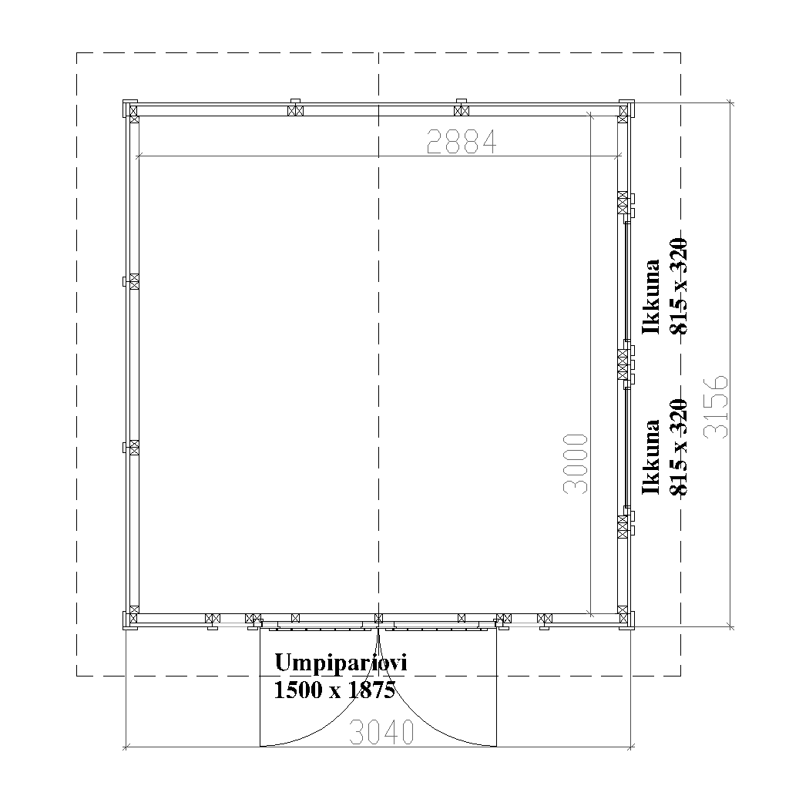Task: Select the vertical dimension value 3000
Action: [576, 462]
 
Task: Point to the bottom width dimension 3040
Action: [381, 733]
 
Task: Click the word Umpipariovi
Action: [340, 663]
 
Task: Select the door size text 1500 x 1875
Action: [334, 690]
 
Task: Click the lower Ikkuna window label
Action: [652, 458]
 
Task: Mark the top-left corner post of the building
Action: [132, 110]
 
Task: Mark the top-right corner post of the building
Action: [624, 110]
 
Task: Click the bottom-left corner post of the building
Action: [132, 618]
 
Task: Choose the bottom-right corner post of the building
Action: [624, 618]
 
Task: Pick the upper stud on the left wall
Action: [133, 281]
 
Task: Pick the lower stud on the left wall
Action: [133, 447]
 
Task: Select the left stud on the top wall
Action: [294, 110]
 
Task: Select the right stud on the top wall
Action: [461, 110]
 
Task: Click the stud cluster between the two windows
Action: [624, 364]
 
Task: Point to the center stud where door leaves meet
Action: [378, 618]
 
